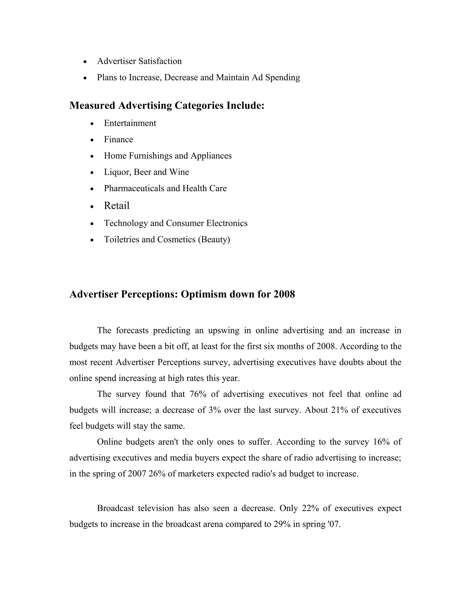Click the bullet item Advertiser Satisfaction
click(x=139, y=61)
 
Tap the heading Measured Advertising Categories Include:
click(x=167, y=105)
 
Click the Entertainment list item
click(x=130, y=123)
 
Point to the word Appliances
click(x=211, y=156)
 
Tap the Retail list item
click(x=117, y=205)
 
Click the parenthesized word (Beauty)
click(x=214, y=239)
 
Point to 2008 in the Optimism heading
click(x=284, y=294)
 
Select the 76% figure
click(x=198, y=394)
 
